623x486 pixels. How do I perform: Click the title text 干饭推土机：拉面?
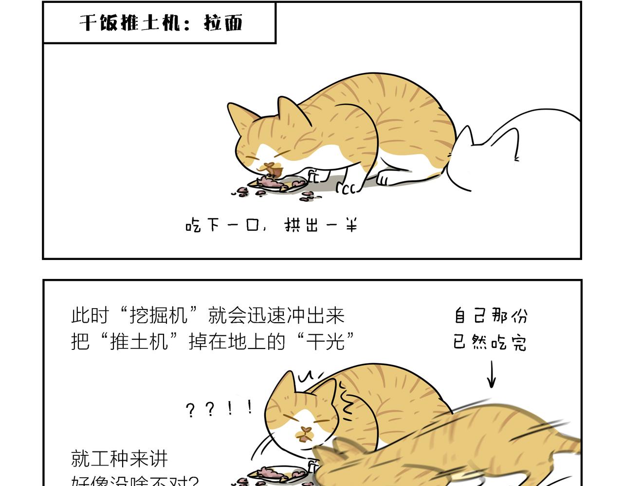(161, 23)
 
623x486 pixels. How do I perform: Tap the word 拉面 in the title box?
(223, 23)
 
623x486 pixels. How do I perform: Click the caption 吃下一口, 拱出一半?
(272, 226)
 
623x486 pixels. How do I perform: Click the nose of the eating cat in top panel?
(267, 167)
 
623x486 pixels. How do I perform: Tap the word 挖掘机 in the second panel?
(159, 315)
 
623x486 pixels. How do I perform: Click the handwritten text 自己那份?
(490, 316)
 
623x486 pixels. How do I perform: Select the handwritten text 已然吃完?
(490, 343)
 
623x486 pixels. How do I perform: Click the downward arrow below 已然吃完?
(492, 374)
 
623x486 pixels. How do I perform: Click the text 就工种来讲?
(119, 458)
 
